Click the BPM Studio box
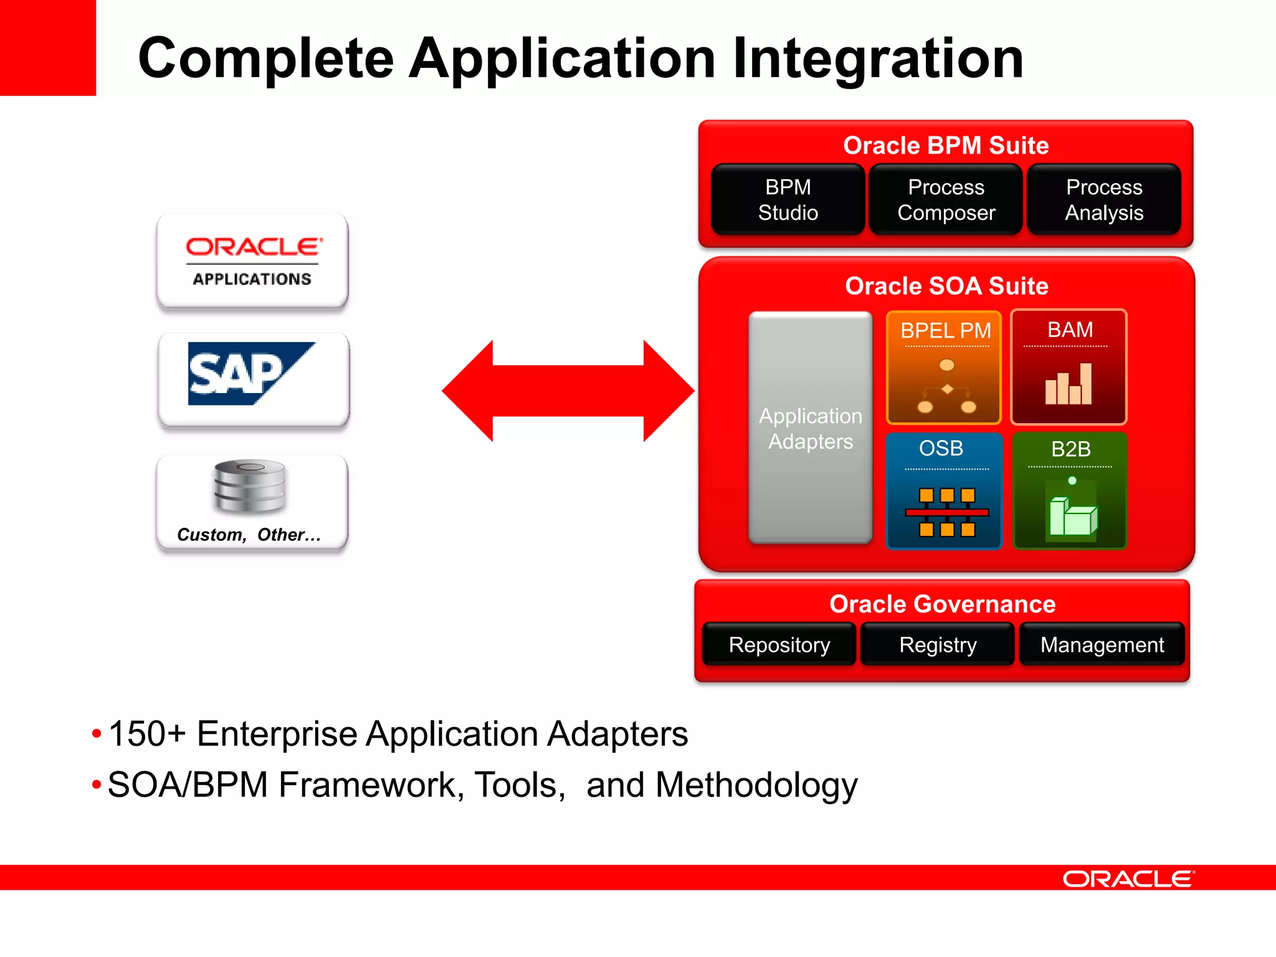coord(788,200)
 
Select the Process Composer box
coord(946,200)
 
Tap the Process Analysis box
coord(1103,200)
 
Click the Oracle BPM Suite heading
coord(946,146)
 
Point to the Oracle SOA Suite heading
coord(946,286)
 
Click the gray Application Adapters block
coord(810,428)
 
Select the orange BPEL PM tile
coord(944,368)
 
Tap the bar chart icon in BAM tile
coord(1069,384)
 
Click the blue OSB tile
coord(944,491)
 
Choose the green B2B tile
coord(1070,491)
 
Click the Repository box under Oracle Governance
coord(779,645)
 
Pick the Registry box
coord(938,645)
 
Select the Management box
coord(1102,645)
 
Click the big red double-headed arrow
coord(568,391)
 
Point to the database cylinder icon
coord(249,486)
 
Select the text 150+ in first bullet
coord(147,733)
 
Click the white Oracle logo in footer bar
coord(1128,878)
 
